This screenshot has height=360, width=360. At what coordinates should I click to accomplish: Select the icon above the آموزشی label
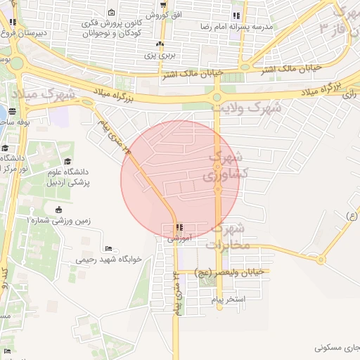tap(179, 227)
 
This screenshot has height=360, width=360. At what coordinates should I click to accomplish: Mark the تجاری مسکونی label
tap(337, 347)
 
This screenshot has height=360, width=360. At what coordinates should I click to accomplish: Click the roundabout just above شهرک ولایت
tap(217, 97)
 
